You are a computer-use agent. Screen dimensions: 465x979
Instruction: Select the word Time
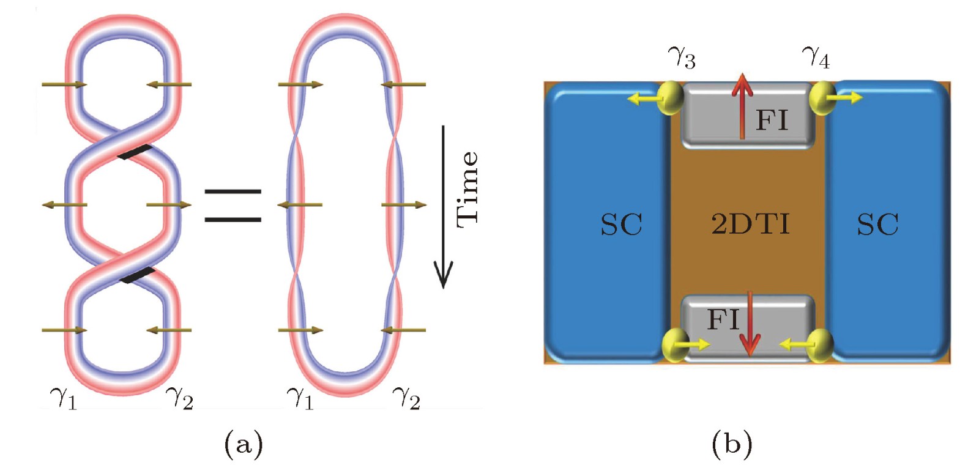coord(467,189)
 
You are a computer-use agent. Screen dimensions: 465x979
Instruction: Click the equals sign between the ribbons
coord(233,205)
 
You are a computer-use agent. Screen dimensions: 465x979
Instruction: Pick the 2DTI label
coord(750,224)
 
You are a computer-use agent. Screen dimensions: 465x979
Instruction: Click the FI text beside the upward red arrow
coord(772,120)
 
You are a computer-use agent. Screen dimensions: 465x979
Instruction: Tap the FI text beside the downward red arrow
coord(723,319)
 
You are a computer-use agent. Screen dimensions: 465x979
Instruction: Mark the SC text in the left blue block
coord(621,225)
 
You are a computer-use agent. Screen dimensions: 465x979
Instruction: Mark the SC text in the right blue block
coord(877,225)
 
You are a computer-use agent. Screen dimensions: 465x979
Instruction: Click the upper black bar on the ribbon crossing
coord(135,152)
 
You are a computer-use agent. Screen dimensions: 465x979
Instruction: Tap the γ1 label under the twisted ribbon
coord(64,398)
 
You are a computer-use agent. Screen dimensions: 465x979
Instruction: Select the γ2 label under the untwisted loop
coord(406,398)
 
